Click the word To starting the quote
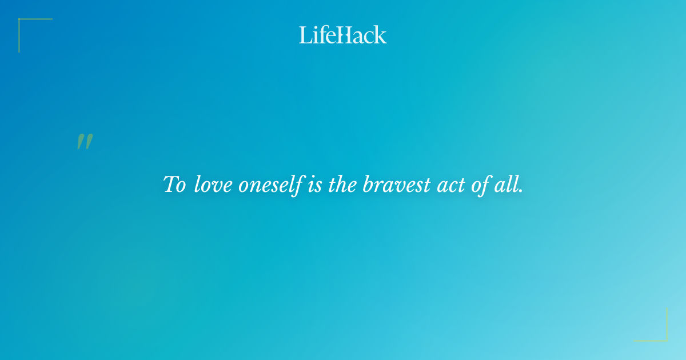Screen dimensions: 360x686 click(174, 185)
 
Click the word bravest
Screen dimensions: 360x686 click(396, 185)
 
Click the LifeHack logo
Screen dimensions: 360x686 click(343, 35)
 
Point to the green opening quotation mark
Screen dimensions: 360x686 click(85, 142)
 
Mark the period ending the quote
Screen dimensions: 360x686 click(521, 191)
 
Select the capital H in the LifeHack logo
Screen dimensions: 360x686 click(345, 35)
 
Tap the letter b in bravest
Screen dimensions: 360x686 click(368, 185)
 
